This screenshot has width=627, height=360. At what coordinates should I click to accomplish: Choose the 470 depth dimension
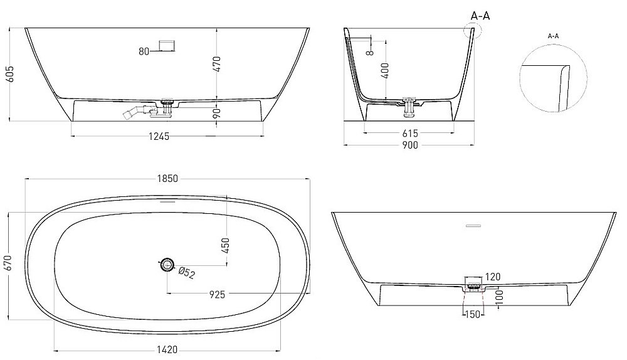click(x=218, y=64)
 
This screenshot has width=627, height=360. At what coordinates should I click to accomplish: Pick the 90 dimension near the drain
click(x=218, y=113)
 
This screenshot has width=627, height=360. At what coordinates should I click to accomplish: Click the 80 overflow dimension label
click(x=144, y=51)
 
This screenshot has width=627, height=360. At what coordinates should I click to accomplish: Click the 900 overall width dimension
click(x=410, y=146)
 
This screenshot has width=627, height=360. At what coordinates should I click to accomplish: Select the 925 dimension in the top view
click(x=217, y=294)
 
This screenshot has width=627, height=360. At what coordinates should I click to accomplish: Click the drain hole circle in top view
click(x=167, y=265)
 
